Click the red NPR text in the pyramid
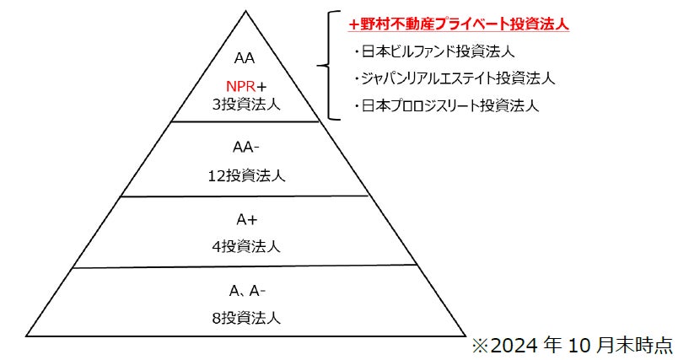point(240,87)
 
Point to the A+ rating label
point(247,219)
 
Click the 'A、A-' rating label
point(247,291)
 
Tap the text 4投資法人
point(247,246)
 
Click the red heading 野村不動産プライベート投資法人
point(459,25)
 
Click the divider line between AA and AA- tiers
point(247,122)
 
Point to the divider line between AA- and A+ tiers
point(247,196)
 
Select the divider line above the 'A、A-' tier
point(247,267)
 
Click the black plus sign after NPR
point(262,87)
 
